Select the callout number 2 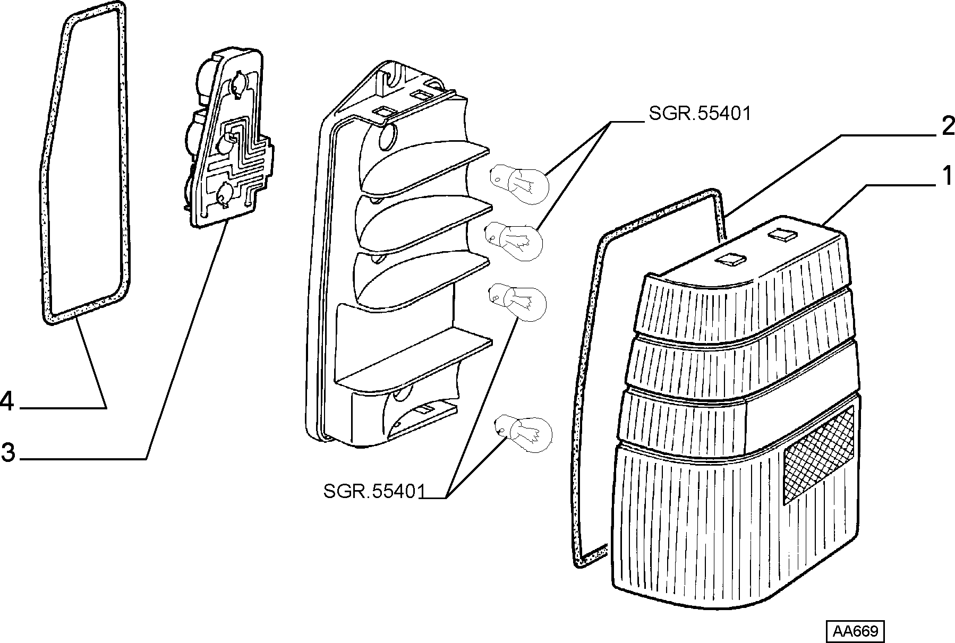[947, 127]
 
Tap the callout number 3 [8, 452]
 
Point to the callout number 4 [7, 401]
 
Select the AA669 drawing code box [855, 631]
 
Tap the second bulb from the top [513, 241]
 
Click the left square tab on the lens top [731, 259]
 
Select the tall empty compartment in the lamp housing [396, 340]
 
